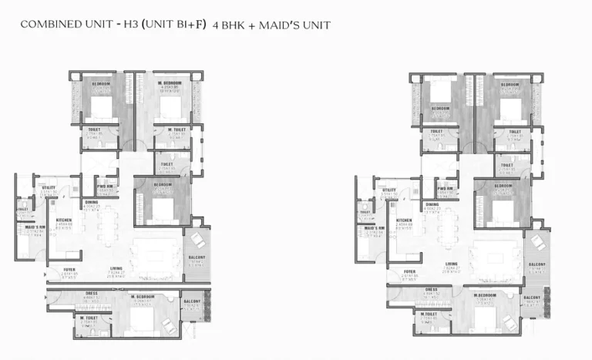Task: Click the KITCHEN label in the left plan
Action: (x=62, y=220)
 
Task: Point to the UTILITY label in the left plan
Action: (x=49, y=187)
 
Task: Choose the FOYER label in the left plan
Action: (x=69, y=270)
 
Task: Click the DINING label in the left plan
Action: (x=91, y=203)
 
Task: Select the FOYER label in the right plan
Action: (x=410, y=271)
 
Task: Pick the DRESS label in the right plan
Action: (x=431, y=290)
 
